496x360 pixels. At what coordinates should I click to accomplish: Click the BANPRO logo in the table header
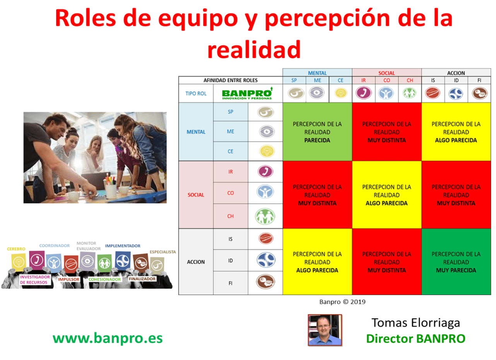point(248,94)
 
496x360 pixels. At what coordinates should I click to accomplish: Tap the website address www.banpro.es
point(108,338)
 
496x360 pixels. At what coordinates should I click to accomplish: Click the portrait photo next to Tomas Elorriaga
point(325,329)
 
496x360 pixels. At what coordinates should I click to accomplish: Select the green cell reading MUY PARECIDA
point(456,262)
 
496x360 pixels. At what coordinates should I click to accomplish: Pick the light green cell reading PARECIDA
point(317,132)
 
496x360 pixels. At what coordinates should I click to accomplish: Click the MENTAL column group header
point(317,73)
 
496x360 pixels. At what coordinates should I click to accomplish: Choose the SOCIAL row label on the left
point(196,195)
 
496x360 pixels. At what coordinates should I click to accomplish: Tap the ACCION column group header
point(456,73)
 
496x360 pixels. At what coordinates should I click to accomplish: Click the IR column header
point(364,80)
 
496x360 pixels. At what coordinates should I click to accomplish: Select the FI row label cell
point(230,283)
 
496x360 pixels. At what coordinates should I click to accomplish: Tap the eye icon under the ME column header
point(317,93)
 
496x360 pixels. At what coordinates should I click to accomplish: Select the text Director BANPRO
point(415,338)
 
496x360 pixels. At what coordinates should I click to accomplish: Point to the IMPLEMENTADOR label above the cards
point(123,246)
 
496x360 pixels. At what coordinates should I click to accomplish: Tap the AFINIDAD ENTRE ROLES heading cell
point(230,80)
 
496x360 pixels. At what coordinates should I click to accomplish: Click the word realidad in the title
point(254,49)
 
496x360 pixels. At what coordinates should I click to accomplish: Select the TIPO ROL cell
point(196,94)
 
